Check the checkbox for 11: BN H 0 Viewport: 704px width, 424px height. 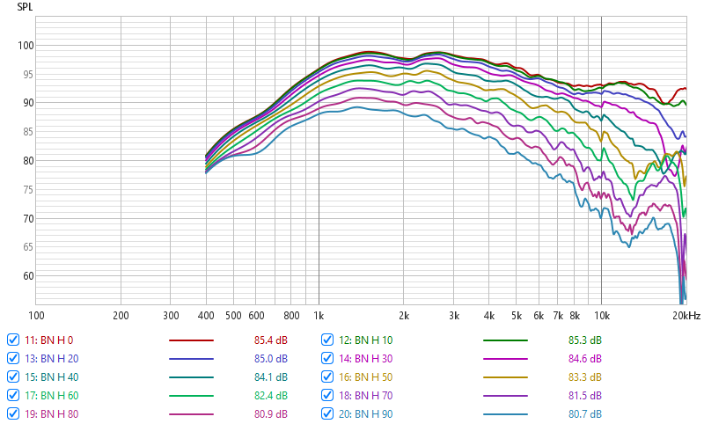coord(13,340)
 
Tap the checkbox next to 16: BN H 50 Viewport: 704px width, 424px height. coord(327,376)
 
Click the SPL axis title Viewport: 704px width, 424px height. coord(26,6)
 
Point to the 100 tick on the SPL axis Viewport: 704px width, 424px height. coord(25,46)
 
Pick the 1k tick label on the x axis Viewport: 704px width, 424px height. coord(319,315)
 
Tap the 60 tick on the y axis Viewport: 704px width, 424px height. coord(27,276)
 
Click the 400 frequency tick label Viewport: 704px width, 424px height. coord(206,315)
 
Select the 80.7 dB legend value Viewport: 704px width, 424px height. coord(584,413)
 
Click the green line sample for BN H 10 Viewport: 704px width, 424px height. coord(505,340)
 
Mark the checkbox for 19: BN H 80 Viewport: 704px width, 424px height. coord(13,413)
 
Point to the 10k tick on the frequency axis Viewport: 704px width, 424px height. coord(601,315)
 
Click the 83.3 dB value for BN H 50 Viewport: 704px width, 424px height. coord(584,376)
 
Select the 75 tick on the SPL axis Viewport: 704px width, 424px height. coord(27,190)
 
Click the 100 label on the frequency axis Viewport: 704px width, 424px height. coord(36,315)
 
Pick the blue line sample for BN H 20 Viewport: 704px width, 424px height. coord(190,358)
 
